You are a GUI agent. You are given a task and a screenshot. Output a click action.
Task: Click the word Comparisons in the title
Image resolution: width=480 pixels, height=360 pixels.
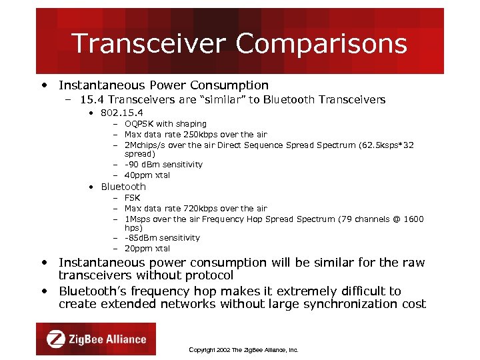point(321,44)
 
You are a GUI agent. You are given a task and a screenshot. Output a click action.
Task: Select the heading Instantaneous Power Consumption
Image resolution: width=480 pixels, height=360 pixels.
point(163,85)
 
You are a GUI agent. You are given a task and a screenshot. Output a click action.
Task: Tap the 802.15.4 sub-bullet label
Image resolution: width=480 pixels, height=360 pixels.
point(122,113)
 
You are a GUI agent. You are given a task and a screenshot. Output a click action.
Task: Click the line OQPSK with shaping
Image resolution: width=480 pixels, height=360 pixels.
point(165,124)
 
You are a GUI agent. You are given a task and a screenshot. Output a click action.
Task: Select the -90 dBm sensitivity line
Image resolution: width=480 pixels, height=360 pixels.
point(163,165)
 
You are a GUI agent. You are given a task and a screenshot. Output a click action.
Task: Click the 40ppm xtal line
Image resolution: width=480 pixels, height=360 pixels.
point(147,175)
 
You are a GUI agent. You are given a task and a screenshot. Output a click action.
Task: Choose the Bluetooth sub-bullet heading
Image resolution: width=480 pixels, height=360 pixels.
point(123,187)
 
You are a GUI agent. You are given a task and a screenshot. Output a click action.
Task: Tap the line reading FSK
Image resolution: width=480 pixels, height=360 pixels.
point(133,198)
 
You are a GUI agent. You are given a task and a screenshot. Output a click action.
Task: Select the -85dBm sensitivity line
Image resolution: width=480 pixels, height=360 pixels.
point(162,238)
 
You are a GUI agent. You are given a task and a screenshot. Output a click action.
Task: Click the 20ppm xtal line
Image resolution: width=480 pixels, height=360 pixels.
point(147,249)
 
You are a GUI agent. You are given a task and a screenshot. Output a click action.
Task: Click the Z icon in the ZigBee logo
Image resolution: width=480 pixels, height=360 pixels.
point(55,339)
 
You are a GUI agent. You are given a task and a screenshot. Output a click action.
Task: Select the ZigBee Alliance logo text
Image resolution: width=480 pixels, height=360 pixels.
point(107,339)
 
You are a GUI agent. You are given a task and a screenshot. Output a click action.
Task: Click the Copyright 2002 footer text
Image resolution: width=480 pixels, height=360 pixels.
point(243,349)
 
